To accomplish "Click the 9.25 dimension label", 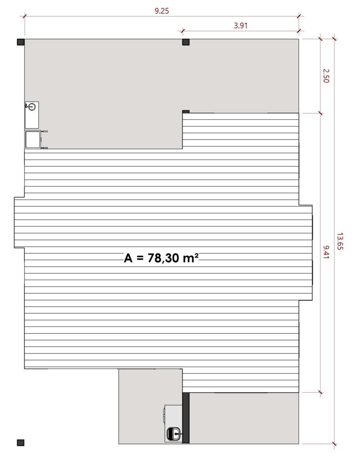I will (162, 11).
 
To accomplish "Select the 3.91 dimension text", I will (241, 26).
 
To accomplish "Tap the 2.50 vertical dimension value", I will (326, 75).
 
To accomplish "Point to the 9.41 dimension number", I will (326, 252).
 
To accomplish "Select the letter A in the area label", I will (128, 258).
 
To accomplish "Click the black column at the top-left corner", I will (21, 42).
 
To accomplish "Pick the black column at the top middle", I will (186, 42).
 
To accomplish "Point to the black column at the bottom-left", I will (21, 442).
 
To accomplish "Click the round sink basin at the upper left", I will (31, 107).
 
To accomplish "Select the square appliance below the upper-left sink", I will (33, 140).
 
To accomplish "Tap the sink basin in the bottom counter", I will (174, 434).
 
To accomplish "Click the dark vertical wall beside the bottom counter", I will (185, 418).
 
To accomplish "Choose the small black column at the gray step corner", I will (186, 112).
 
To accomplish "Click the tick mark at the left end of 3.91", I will (183, 31).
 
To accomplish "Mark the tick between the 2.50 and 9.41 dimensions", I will (320, 113).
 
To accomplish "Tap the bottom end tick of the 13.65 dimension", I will (334, 444).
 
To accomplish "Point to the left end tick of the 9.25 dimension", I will (24, 16).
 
